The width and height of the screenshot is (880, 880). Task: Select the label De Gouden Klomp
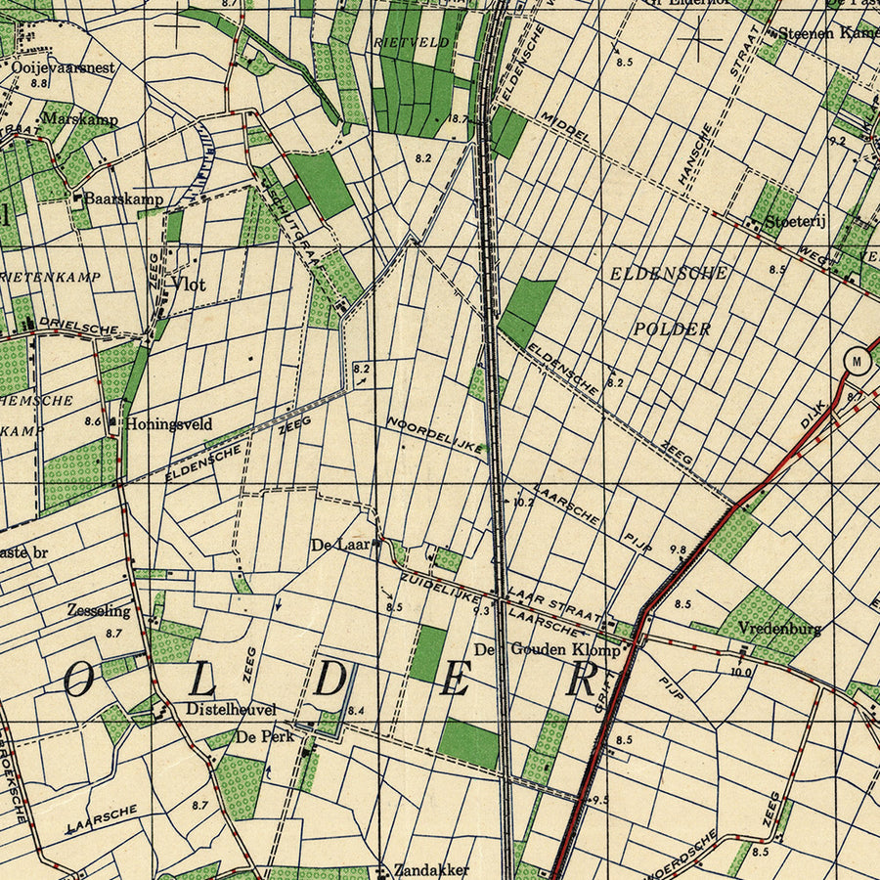click(x=547, y=649)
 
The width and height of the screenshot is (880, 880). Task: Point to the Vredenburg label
click(x=779, y=628)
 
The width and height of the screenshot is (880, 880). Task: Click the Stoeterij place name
click(x=796, y=221)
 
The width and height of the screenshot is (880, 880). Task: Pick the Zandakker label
click(x=431, y=869)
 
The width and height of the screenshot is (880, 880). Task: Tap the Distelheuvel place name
click(x=231, y=709)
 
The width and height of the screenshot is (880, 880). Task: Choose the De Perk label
click(x=264, y=736)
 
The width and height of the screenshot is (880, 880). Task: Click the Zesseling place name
click(x=99, y=610)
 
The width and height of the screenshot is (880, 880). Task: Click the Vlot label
click(x=188, y=285)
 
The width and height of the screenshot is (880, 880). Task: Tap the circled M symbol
click(x=858, y=361)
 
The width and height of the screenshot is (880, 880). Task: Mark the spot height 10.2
click(x=523, y=502)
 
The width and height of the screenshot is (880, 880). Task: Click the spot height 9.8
click(x=678, y=550)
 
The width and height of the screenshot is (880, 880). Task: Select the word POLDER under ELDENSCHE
click(x=672, y=329)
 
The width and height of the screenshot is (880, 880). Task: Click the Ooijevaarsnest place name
click(x=64, y=67)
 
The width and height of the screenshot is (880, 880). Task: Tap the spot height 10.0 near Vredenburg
click(x=741, y=672)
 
